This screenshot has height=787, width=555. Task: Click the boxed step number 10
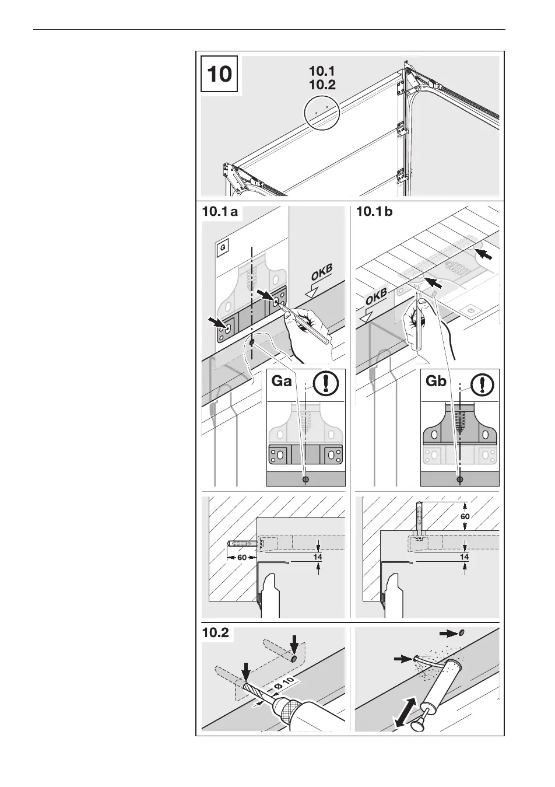tap(219, 74)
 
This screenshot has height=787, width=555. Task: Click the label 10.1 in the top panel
tap(322, 71)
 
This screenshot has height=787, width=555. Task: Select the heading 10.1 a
tap(220, 212)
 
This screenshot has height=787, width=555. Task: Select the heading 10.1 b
tap(374, 212)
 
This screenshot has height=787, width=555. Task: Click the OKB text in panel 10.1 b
tap(376, 300)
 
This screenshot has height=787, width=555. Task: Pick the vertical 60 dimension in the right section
tap(465, 516)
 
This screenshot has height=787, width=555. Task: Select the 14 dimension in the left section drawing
tap(318, 557)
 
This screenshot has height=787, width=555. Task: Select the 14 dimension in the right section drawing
tap(465, 557)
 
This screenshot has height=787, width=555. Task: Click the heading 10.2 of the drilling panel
tap(216, 633)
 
